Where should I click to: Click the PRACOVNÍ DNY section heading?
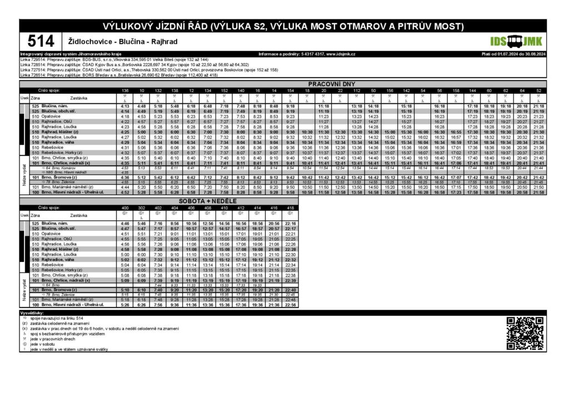pyautogui.click(x=327, y=84)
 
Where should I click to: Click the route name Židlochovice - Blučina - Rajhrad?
pyautogui.click(x=114, y=42)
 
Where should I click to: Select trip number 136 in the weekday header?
pyautogui.click(x=125, y=90)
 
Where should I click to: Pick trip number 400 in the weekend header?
pyautogui.click(x=125, y=208)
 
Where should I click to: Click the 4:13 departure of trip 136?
pyautogui.click(x=125, y=106)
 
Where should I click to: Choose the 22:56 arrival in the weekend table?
pyautogui.click(x=290, y=305)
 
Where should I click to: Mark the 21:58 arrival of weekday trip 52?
pyautogui.click(x=538, y=192)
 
